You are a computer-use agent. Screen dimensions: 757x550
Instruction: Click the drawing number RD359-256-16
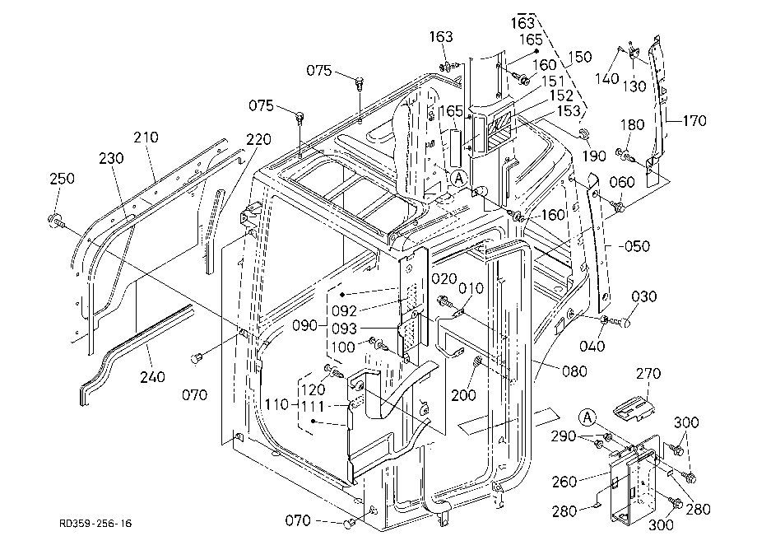[x=95, y=524]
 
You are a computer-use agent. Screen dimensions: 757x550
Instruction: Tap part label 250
[x=63, y=178]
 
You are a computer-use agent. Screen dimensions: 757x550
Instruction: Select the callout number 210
[x=146, y=137]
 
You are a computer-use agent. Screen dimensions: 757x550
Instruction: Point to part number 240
[x=152, y=376]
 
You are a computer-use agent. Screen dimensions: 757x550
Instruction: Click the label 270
[x=648, y=373]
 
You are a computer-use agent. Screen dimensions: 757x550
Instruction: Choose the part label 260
[x=564, y=482]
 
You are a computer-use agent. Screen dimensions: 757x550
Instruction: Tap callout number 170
[x=694, y=120]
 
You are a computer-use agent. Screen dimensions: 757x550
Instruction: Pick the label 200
[x=463, y=395]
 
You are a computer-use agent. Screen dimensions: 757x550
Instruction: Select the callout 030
[x=644, y=296]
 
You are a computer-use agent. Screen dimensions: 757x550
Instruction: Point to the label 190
[x=594, y=156]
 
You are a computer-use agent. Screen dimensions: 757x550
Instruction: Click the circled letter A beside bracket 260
[x=587, y=417]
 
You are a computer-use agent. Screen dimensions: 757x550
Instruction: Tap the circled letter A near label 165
[x=459, y=179]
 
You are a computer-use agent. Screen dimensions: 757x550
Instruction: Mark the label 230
[x=112, y=158]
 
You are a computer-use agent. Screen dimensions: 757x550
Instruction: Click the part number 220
[x=258, y=139]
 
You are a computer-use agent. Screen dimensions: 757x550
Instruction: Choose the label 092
[x=344, y=310]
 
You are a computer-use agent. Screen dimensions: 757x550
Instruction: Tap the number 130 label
[x=634, y=86]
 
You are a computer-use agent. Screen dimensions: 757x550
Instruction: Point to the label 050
[x=637, y=246]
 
